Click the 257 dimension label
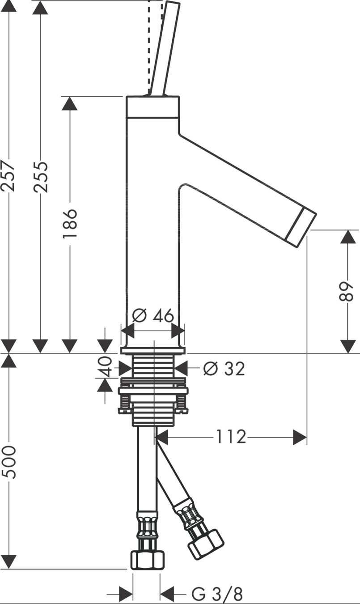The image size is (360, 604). (8, 176)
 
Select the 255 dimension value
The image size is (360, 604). (41, 177)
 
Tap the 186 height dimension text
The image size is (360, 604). (70, 223)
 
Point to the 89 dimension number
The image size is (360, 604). (346, 291)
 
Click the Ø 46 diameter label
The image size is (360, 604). (153, 315)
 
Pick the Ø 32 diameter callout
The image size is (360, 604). (224, 369)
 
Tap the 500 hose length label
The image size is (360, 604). (10, 462)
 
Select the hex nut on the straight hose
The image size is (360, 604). (148, 560)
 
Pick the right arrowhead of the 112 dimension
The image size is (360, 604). (300, 437)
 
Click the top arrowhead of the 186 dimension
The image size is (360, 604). (69, 103)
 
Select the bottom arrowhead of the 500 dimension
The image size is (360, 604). (8, 562)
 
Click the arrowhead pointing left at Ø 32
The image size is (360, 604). (181, 368)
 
